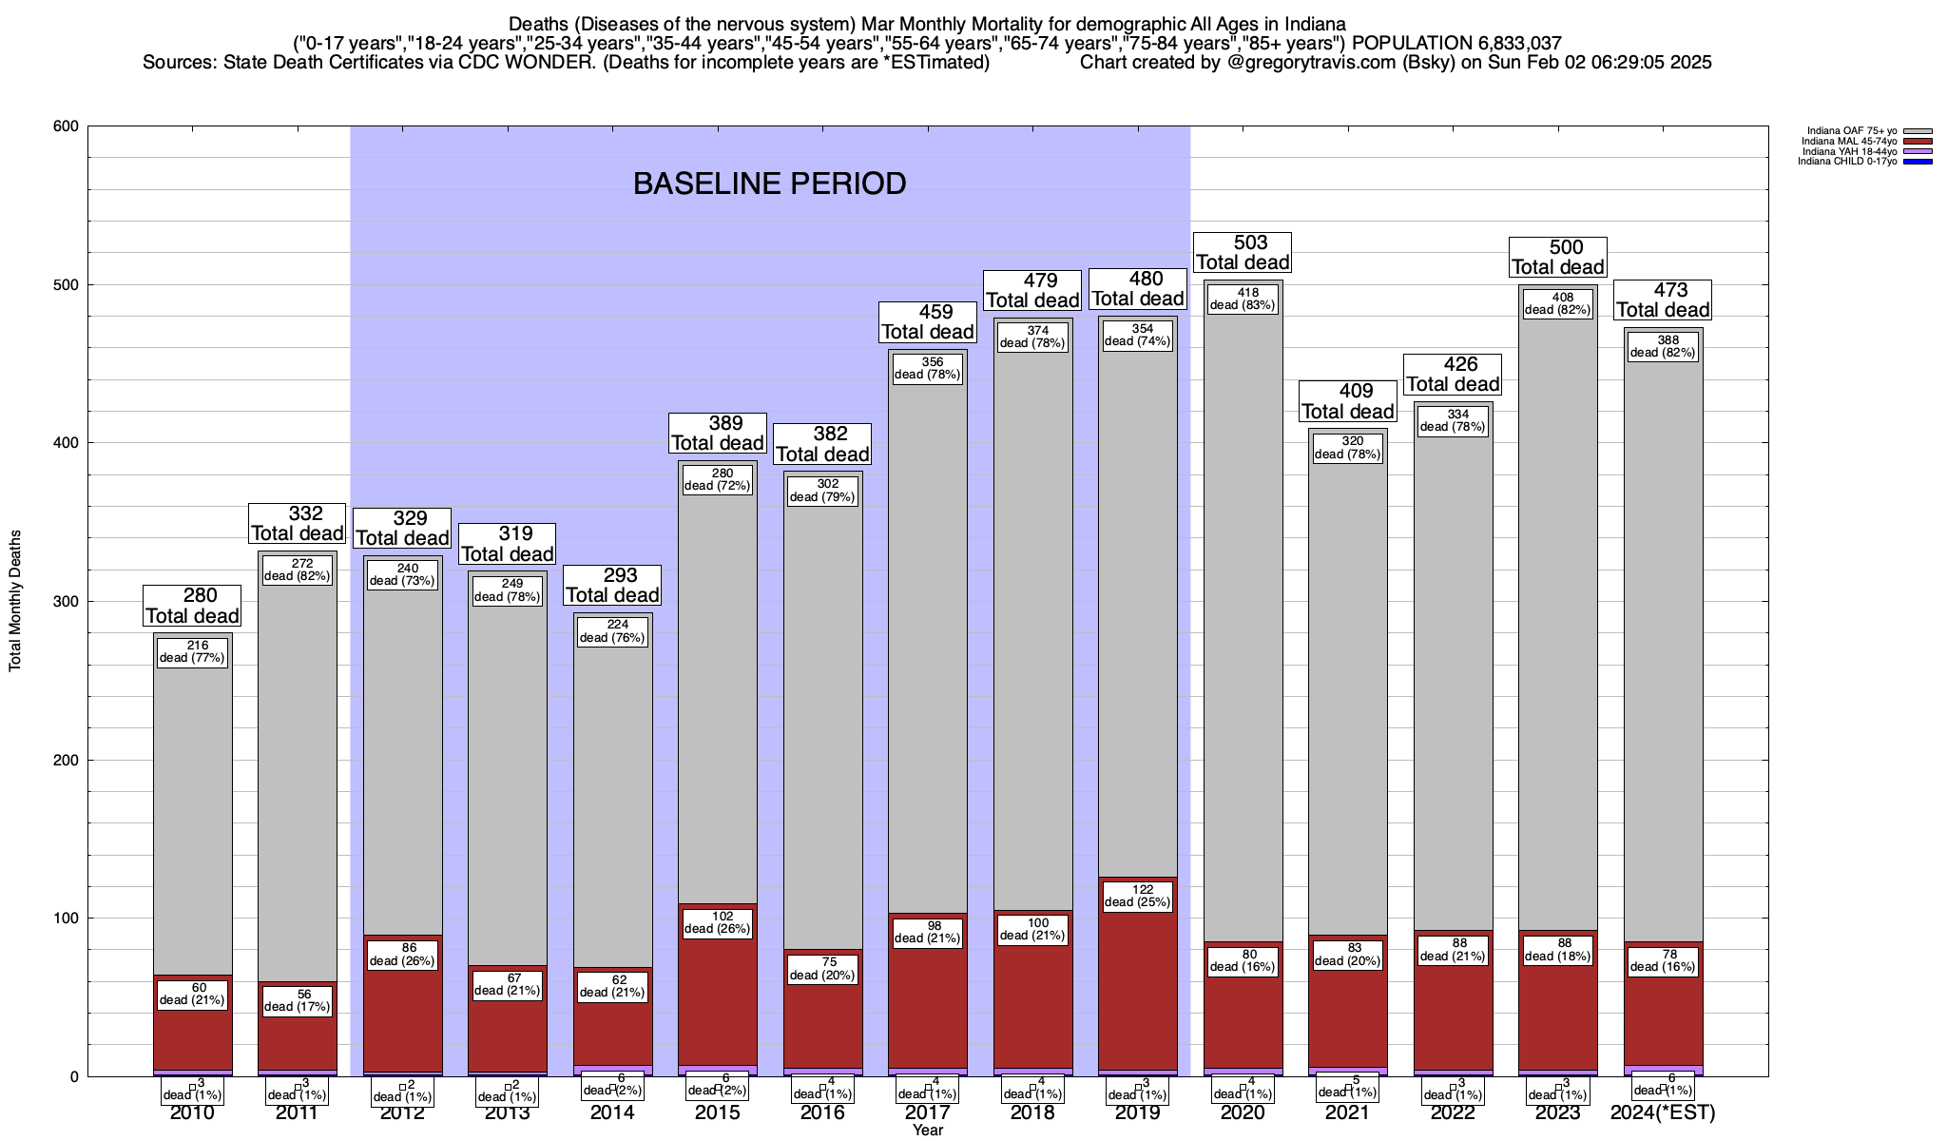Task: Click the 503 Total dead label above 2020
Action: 1243,253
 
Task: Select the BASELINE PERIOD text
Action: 769,184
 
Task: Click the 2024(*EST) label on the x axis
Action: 1663,1113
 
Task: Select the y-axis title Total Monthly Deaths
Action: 15,601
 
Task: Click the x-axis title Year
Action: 927,1131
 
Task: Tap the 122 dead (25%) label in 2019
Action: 1138,897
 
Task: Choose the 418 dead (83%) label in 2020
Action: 1243,300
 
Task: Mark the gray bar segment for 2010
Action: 193,808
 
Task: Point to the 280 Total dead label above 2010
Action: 192,606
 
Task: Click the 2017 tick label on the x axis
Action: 927,1113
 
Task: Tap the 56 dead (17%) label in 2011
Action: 298,1001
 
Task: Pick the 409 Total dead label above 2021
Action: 1348,401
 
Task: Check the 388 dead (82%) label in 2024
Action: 1663,347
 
